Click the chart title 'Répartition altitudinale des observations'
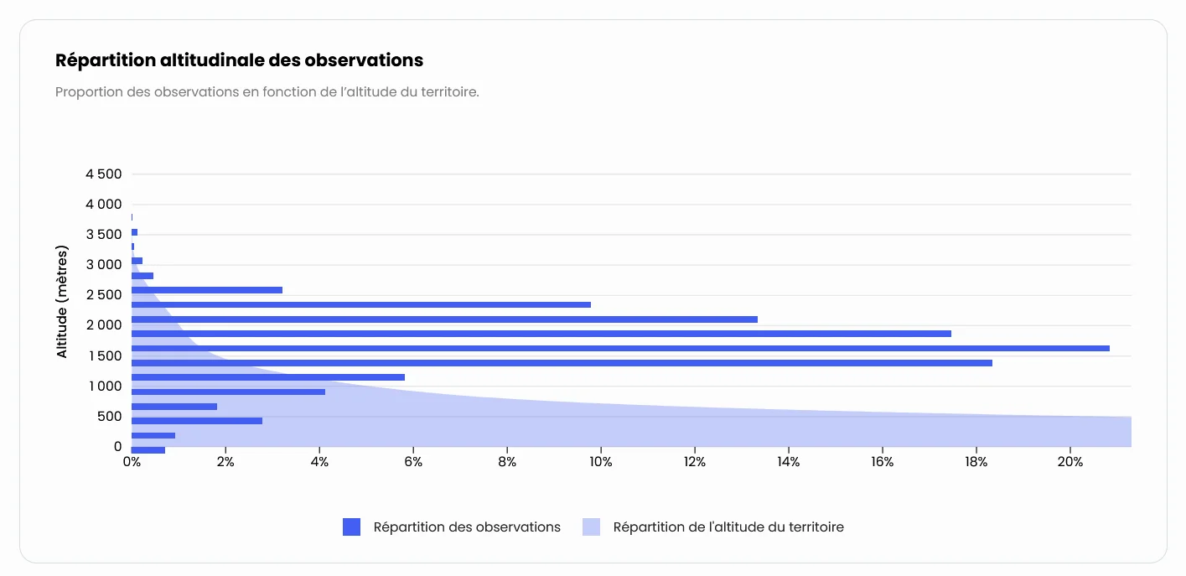click(239, 60)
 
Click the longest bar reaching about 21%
click(620, 348)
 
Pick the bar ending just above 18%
click(562, 363)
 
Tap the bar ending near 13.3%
click(444, 319)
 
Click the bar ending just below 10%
click(360, 304)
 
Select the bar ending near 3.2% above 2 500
click(207, 290)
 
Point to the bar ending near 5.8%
click(268, 377)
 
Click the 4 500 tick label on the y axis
click(104, 174)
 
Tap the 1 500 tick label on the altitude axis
click(104, 356)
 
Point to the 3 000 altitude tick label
click(104, 265)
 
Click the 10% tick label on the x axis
click(600, 462)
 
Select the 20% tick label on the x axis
click(1069, 462)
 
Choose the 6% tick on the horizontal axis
click(412, 462)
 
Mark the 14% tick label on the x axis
click(788, 462)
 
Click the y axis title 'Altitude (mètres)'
click(62, 302)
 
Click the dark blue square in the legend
click(351, 527)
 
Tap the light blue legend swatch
click(591, 527)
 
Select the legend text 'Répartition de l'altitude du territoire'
click(728, 527)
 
